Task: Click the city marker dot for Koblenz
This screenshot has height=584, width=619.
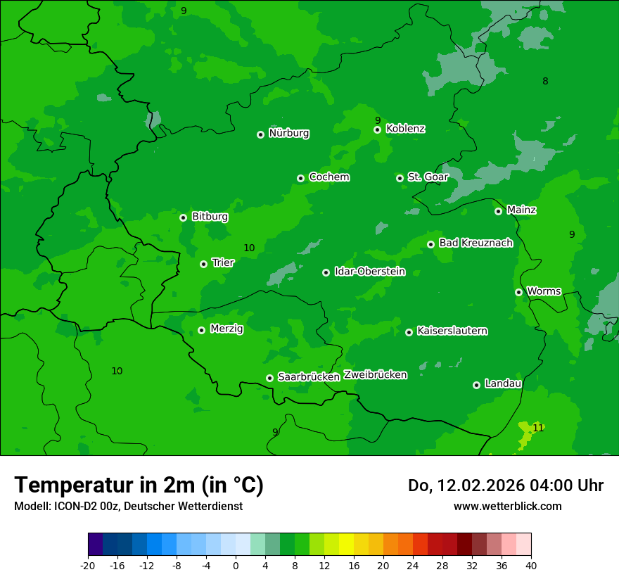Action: click(x=378, y=129)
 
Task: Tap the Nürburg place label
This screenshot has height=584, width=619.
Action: click(x=288, y=133)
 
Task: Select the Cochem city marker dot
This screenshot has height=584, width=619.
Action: click(x=300, y=178)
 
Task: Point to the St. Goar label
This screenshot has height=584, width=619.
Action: click(x=428, y=177)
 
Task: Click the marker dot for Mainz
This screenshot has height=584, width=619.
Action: click(x=498, y=211)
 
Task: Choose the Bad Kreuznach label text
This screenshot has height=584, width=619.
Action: click(x=476, y=243)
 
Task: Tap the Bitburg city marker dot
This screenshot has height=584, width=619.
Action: click(x=183, y=217)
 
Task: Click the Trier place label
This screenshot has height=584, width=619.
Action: click(x=223, y=262)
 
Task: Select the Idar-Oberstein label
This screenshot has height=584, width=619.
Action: click(x=369, y=271)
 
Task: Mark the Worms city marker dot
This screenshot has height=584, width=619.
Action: click(x=518, y=292)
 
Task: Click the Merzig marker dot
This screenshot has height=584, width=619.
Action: click(x=201, y=330)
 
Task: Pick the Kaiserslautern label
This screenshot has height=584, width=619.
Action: click(x=452, y=331)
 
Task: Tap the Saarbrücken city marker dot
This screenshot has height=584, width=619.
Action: click(x=269, y=378)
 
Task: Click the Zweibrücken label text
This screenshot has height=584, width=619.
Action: click(x=375, y=375)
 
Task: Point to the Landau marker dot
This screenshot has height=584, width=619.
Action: click(x=476, y=385)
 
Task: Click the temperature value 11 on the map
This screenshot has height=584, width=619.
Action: click(x=538, y=428)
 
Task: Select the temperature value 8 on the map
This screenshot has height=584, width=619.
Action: click(x=545, y=82)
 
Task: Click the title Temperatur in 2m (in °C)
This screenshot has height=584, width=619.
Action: click(x=139, y=485)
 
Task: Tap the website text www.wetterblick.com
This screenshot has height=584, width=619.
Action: click(x=507, y=506)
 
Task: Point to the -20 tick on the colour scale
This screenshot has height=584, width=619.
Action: click(x=88, y=565)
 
